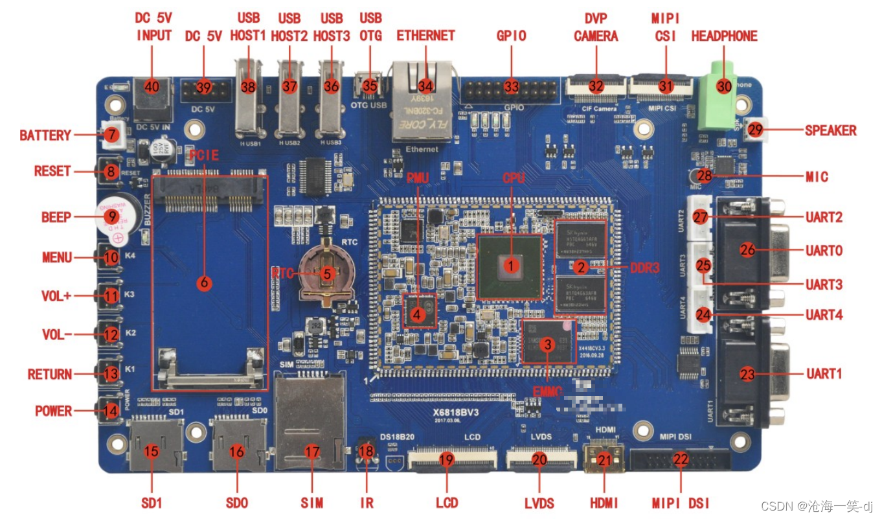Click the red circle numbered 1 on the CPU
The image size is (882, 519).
click(512, 265)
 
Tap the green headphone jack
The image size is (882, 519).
click(719, 97)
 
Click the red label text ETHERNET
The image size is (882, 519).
click(425, 36)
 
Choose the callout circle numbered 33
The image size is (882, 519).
click(512, 86)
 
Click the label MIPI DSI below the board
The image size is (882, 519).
click(680, 503)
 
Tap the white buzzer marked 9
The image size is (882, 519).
click(112, 218)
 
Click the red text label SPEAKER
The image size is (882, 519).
click(830, 130)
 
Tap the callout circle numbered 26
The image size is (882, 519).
click(748, 249)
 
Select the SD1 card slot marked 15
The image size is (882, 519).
click(152, 447)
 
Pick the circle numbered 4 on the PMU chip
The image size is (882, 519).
click(417, 315)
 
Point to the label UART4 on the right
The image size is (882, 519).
click(824, 315)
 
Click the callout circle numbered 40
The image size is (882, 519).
click(152, 87)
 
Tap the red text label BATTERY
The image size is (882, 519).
click(45, 135)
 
